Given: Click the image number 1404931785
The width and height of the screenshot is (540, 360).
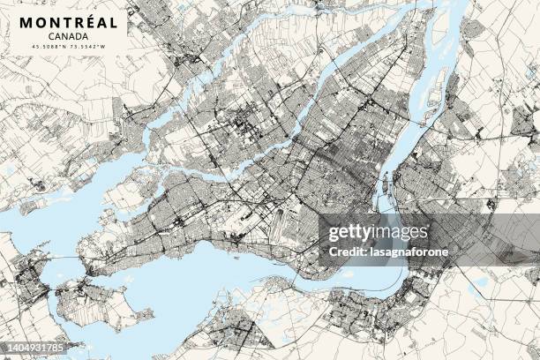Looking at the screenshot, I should (35, 349).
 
